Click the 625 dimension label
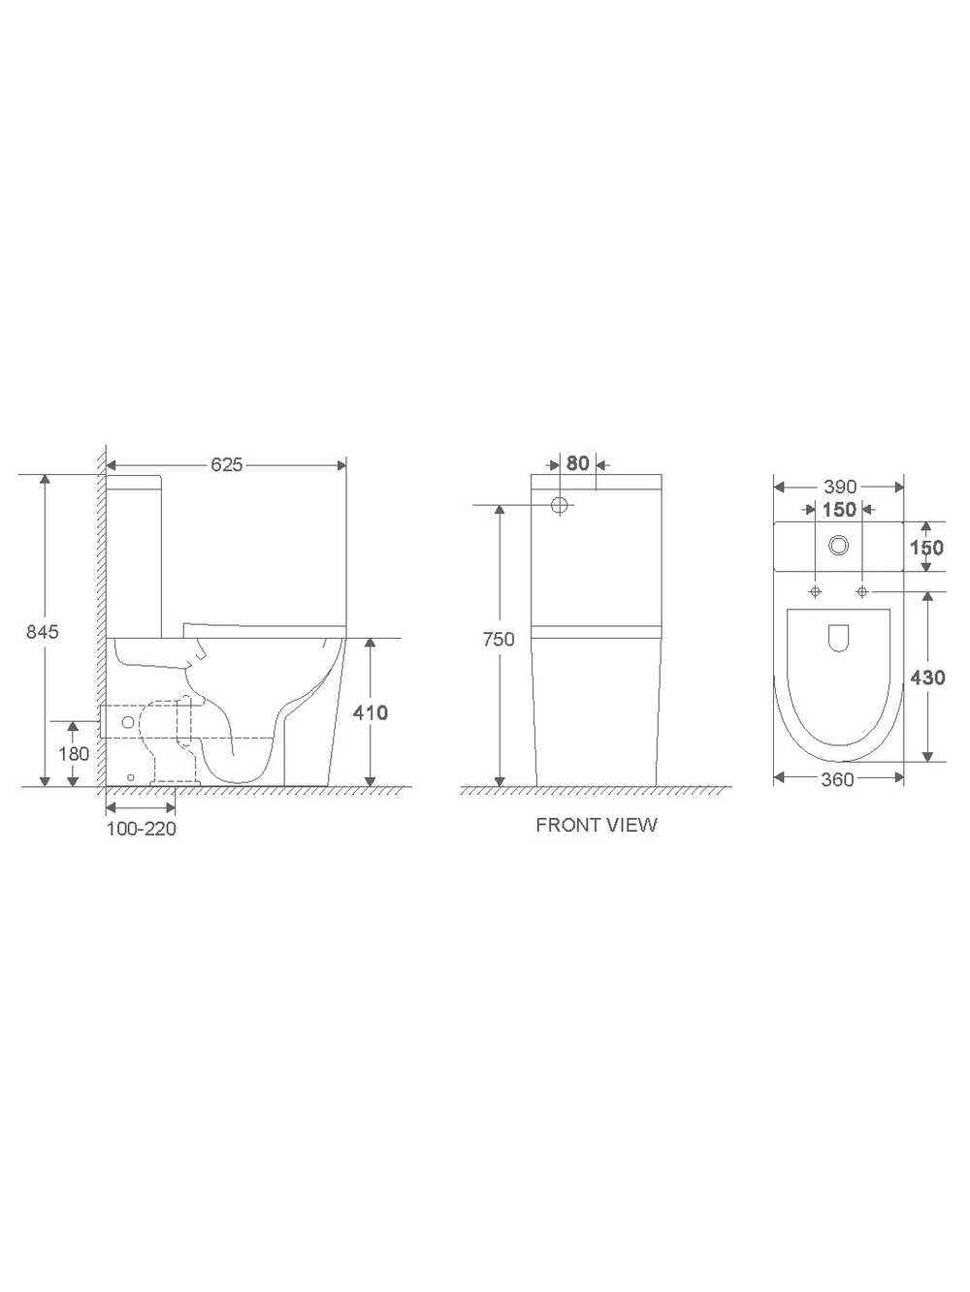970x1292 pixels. click(226, 465)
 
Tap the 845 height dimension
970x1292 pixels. click(43, 632)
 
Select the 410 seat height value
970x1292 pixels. click(370, 712)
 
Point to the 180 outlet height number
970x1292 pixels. click(74, 753)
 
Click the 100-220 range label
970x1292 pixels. click(142, 829)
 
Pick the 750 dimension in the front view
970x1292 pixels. click(499, 640)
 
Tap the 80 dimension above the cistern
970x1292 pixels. click(578, 463)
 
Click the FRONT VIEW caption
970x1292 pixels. click(597, 825)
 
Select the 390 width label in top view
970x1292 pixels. click(839, 487)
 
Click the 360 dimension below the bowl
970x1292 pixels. click(837, 779)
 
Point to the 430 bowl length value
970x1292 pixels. click(927, 678)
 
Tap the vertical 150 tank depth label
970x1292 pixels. click(927, 548)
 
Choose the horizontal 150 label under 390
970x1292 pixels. click(839, 510)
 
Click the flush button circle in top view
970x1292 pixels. click(839, 547)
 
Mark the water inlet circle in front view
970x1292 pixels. click(560, 505)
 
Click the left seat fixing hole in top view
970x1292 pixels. click(815, 591)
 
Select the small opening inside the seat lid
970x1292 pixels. click(839, 638)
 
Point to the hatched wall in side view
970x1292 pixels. click(99, 620)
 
